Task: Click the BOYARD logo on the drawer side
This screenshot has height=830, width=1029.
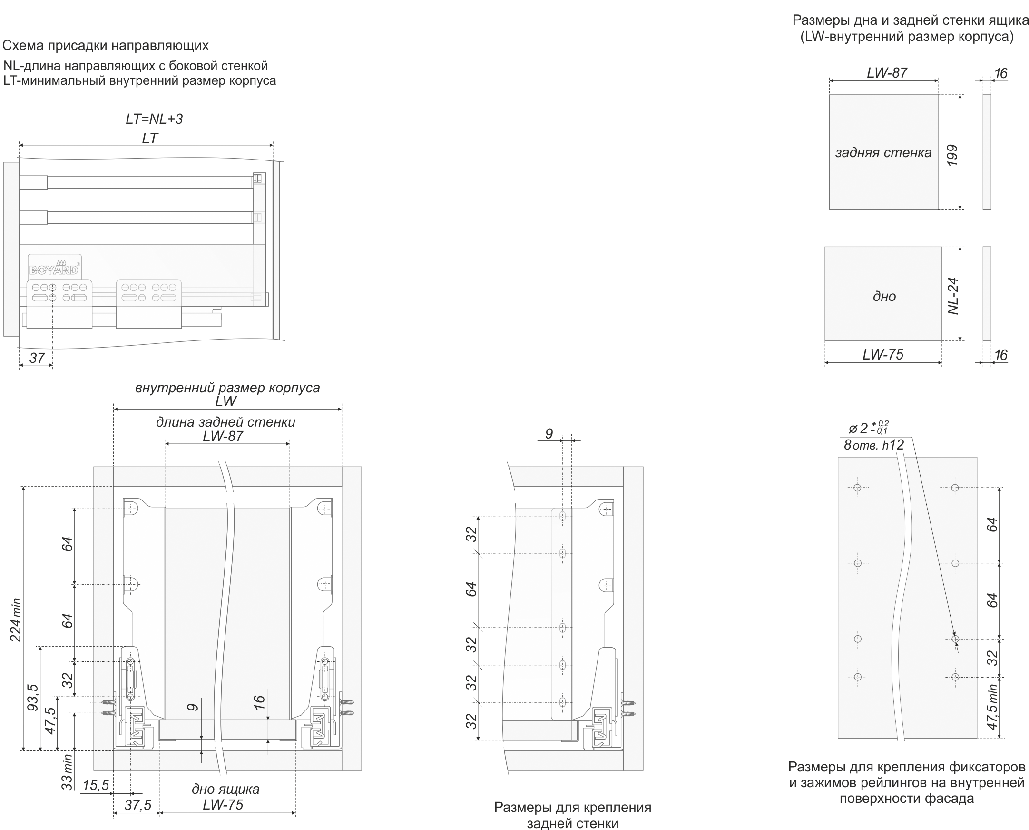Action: click(x=54, y=269)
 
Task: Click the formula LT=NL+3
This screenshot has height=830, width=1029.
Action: click(x=154, y=119)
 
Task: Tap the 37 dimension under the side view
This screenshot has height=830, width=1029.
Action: click(x=37, y=358)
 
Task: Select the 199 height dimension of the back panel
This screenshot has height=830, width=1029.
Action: click(x=952, y=155)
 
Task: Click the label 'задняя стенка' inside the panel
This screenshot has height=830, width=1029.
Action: click(x=883, y=152)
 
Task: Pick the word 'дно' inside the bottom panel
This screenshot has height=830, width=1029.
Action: click(x=884, y=296)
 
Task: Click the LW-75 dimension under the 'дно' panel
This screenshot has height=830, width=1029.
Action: click(x=883, y=354)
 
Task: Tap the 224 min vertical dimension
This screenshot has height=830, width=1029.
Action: click(x=16, y=619)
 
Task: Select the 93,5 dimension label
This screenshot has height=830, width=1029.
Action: click(x=32, y=697)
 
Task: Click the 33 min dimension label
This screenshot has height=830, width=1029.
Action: click(x=68, y=772)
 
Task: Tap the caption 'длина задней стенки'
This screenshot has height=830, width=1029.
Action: click(x=225, y=422)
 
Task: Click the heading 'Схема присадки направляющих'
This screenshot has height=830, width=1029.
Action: click(x=106, y=45)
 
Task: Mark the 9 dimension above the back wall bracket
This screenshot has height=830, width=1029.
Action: click(x=549, y=434)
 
